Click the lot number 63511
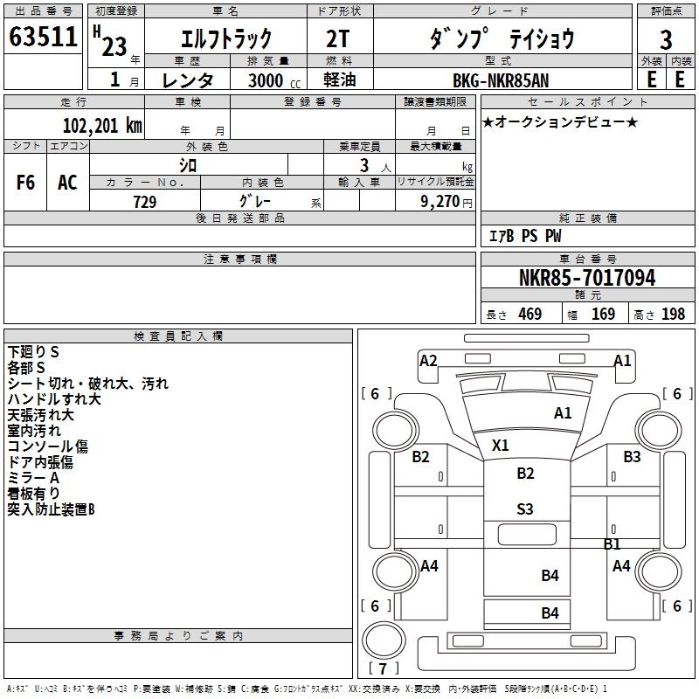click(44, 38)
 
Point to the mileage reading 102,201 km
click(102, 125)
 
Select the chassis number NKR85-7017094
click(586, 279)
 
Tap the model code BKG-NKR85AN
click(502, 80)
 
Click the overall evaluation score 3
click(666, 38)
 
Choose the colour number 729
click(144, 202)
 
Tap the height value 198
click(673, 315)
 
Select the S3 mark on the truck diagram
click(525, 509)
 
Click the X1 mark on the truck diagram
click(500, 445)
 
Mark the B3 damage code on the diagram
click(632, 456)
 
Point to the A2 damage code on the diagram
click(428, 360)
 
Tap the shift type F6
click(26, 183)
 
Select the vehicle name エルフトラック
click(225, 39)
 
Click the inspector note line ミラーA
click(33, 478)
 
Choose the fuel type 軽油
click(341, 80)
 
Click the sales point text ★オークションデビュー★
click(560, 121)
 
